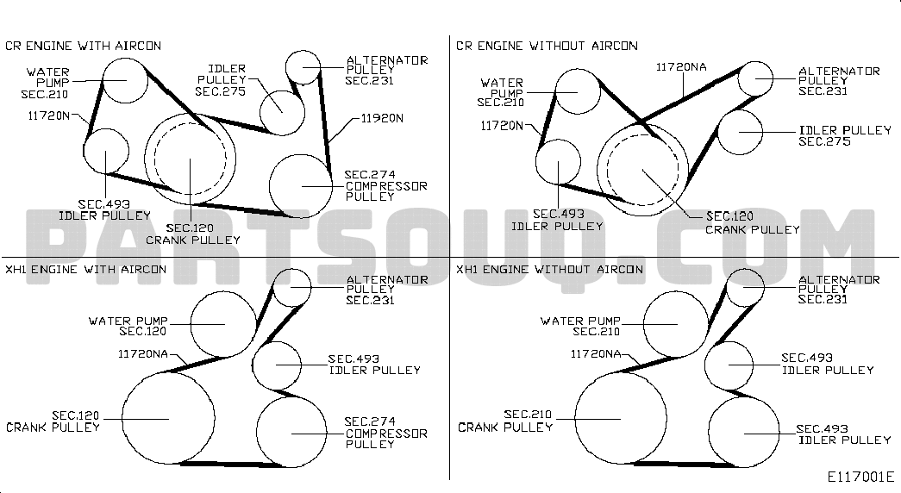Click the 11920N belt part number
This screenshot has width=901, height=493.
tap(382, 118)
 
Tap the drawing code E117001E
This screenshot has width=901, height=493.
tap(860, 477)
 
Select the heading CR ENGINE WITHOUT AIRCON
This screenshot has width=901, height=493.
tap(547, 46)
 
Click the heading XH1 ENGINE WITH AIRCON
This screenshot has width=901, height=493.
tap(85, 270)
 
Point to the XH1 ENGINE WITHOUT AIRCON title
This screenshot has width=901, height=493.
tap(550, 270)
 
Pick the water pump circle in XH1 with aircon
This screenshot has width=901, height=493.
tap(191, 324)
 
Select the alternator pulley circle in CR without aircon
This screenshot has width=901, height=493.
tap(738, 78)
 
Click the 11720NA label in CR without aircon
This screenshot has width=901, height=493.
tap(681, 67)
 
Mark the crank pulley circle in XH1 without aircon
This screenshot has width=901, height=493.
tap(574, 419)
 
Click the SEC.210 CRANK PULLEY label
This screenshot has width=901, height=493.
tap(505, 421)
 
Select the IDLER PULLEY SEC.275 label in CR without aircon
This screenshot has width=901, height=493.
tap(845, 136)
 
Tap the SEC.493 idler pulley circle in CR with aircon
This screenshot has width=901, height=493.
tap(84, 151)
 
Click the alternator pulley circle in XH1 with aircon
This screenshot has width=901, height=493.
tap(272, 287)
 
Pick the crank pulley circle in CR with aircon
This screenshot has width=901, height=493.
tap(144, 158)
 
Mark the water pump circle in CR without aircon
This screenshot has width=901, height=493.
tap(555, 91)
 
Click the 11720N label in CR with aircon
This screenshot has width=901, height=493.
tap(49, 116)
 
